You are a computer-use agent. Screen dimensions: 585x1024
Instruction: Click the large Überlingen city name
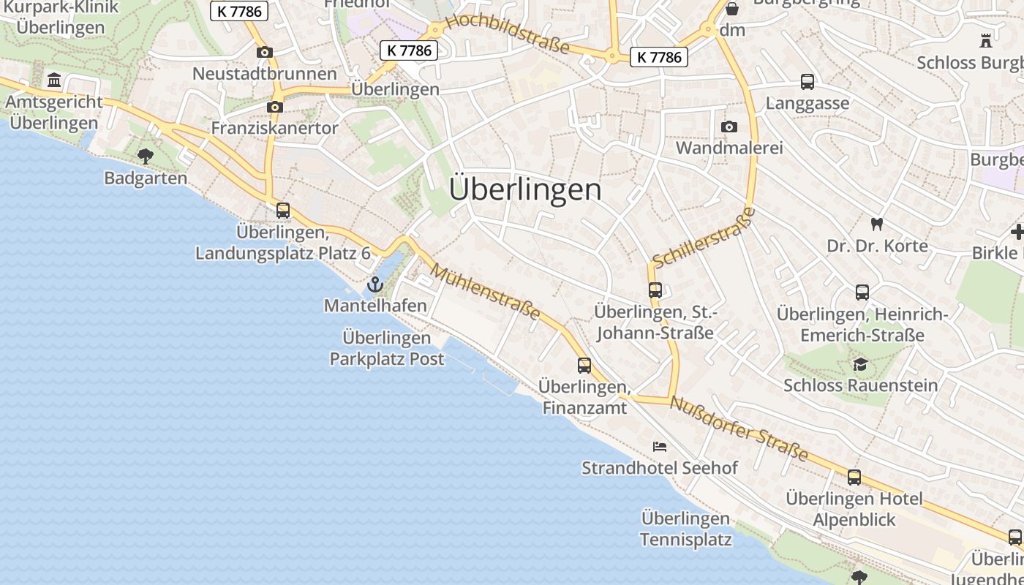coord(525,189)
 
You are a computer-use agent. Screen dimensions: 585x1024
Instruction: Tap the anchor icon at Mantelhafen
coord(375,284)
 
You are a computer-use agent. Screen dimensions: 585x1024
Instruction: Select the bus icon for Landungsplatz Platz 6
coord(283,211)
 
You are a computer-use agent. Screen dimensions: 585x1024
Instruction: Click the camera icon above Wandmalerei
coord(729,127)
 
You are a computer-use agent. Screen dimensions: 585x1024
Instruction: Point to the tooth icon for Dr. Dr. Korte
coord(876,224)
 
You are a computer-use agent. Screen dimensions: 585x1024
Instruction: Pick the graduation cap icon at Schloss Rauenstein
coord(860,364)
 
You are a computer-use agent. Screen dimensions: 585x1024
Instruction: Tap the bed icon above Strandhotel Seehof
coord(660,446)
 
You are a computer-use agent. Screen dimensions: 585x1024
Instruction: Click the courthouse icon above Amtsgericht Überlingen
coord(54,80)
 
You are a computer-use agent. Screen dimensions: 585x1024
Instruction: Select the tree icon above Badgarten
coord(145,156)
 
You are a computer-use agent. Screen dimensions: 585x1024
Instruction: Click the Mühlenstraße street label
coord(486,292)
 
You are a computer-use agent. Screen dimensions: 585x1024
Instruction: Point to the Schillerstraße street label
coord(703,237)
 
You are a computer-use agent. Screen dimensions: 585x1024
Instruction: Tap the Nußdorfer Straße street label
coord(739,429)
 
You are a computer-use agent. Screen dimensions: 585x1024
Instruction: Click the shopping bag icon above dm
coord(732,9)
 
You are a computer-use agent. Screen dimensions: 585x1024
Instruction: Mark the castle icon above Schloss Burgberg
coord(985,40)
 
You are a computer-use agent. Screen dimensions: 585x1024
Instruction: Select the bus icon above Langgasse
coord(807,82)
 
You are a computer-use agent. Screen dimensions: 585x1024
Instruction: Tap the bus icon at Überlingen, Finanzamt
coord(584,366)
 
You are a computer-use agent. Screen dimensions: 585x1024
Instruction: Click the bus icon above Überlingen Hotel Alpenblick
coord(854,478)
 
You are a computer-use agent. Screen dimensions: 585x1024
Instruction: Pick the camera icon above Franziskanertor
coord(274,107)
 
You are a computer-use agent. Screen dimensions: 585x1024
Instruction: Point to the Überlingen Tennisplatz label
coord(685,529)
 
